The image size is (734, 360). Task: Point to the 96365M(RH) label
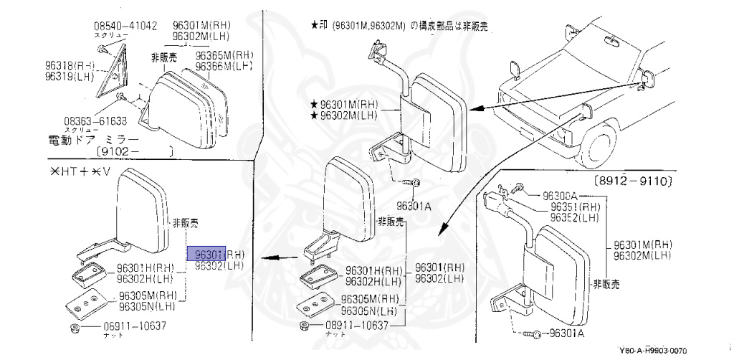(x=226, y=55)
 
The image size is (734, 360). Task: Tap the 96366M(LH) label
(x=226, y=66)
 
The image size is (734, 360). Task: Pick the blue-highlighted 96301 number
(x=206, y=253)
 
